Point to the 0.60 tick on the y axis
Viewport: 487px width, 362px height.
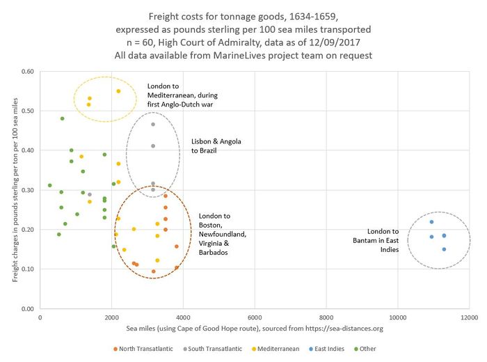pos(27,71)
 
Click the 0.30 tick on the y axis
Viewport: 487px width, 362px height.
pos(27,190)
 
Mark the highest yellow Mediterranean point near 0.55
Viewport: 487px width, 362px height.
pos(118,91)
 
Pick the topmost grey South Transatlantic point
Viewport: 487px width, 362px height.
pos(153,125)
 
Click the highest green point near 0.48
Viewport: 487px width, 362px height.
pos(62,118)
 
